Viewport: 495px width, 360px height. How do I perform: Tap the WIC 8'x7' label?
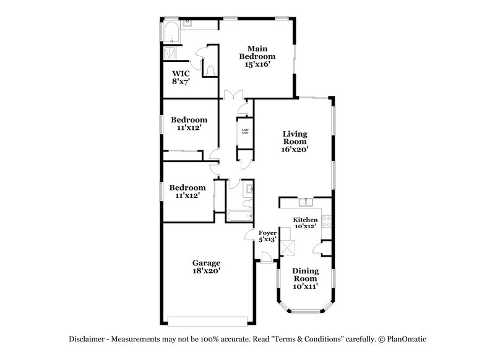(x=181, y=77)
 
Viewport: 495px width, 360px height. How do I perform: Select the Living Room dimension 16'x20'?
(x=295, y=149)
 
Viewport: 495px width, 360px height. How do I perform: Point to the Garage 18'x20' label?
(x=205, y=267)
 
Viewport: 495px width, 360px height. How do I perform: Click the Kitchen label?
(x=305, y=220)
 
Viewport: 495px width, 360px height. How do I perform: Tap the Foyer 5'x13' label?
(x=267, y=236)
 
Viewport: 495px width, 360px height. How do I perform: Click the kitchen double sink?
(x=305, y=202)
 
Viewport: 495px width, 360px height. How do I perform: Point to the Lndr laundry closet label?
(x=245, y=131)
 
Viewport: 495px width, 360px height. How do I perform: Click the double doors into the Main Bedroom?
(x=232, y=95)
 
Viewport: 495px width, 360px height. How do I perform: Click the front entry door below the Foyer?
(x=265, y=259)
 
